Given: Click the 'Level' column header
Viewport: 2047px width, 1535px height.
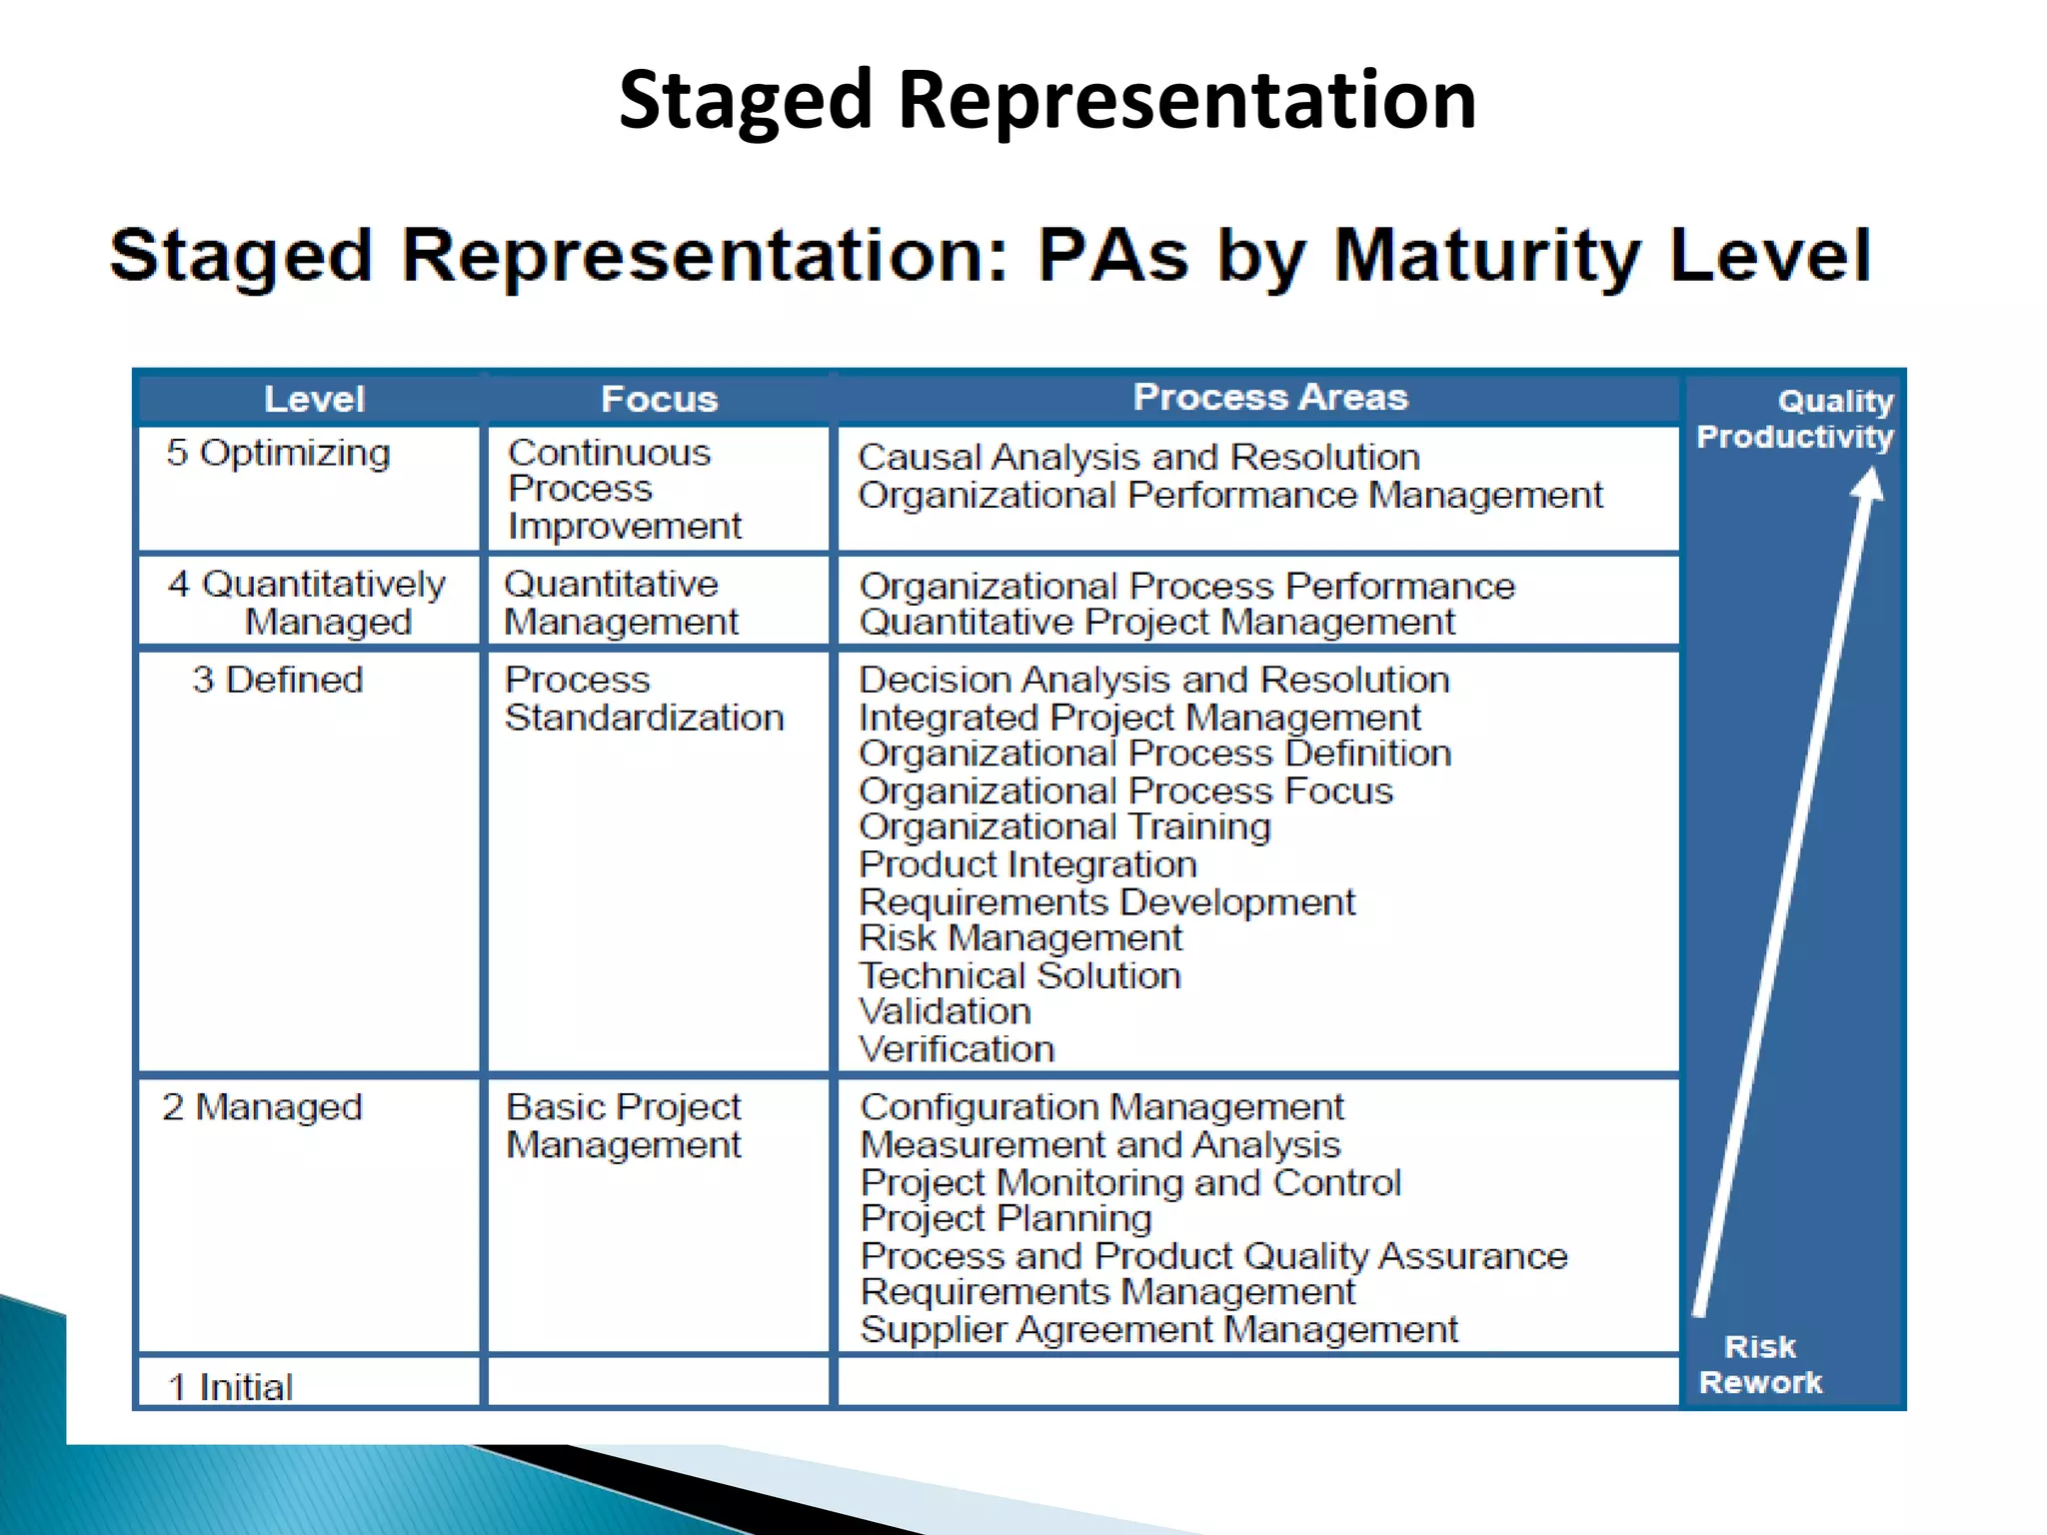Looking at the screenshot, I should click(x=314, y=400).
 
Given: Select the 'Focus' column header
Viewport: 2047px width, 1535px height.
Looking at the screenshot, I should click(x=659, y=400).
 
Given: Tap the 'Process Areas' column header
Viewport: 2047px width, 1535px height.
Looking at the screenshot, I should click(x=1269, y=398).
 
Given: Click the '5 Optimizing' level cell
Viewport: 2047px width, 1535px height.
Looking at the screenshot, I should click(x=278, y=454).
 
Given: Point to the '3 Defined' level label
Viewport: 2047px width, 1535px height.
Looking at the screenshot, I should click(x=278, y=681).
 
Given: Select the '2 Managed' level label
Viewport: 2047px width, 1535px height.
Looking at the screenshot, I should click(x=262, y=1107).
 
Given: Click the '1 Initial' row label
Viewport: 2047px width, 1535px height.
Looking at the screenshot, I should click(x=231, y=1387).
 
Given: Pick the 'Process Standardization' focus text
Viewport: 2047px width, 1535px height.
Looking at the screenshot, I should click(x=644, y=700).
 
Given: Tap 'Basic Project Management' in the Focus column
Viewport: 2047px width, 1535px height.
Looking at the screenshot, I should click(x=624, y=1126).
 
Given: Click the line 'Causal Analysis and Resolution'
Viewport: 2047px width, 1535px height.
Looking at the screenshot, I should click(x=1138, y=458).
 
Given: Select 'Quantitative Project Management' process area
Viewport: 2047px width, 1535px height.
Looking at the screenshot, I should click(x=1156, y=623).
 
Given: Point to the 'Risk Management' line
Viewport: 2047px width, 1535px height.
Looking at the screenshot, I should click(x=1020, y=938).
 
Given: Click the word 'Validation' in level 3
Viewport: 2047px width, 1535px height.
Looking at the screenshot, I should click(x=945, y=1012).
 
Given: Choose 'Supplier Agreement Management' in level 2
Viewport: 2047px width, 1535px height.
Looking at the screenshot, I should click(x=1158, y=1330).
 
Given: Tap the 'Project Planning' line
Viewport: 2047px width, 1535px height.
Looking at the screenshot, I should click(x=1006, y=1219).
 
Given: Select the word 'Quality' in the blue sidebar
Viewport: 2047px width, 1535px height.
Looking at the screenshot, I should click(x=1835, y=402).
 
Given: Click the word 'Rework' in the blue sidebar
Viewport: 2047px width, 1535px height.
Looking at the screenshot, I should click(x=1760, y=1383).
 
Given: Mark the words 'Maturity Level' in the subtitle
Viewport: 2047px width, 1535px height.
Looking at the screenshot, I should click(x=1602, y=256).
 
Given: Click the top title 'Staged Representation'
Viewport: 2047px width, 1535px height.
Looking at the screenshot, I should click(x=1046, y=100).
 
